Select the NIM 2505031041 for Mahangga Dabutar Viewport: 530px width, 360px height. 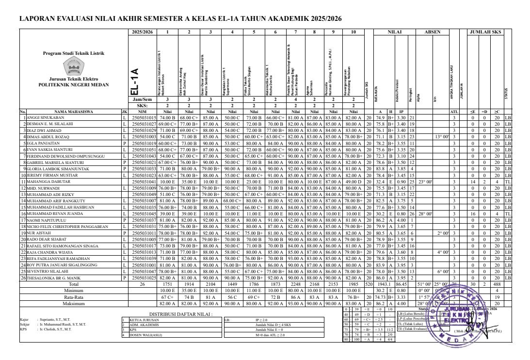145,180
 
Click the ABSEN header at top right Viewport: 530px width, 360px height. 433,32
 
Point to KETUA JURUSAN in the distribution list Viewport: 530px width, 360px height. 140,320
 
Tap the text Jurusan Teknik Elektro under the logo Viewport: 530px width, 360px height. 74,79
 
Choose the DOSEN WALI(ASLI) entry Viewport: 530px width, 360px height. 144,334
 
